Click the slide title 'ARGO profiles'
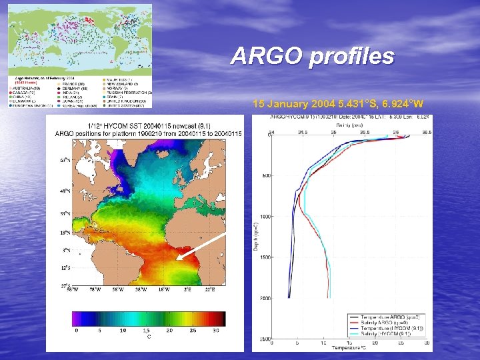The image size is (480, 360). tap(312, 57)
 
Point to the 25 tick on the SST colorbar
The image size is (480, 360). tap(193, 331)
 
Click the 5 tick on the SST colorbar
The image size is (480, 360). tap(99, 331)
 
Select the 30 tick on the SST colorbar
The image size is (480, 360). tap(216, 331)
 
